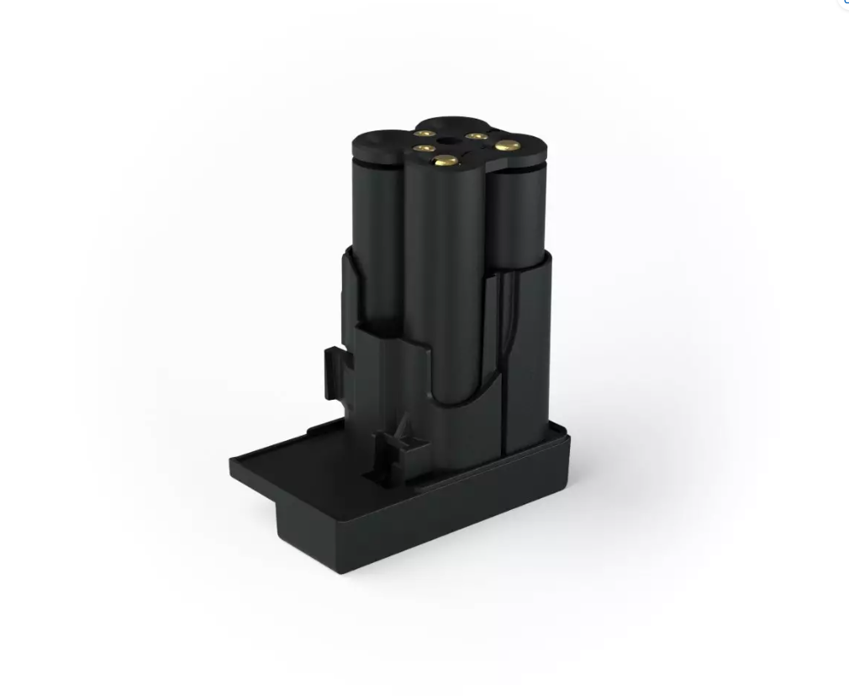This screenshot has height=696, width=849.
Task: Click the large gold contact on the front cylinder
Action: tap(444, 160)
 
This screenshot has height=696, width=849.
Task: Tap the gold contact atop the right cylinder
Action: tap(504, 146)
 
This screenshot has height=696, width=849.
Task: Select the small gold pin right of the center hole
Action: tap(477, 135)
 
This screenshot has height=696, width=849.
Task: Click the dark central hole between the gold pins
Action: tap(450, 140)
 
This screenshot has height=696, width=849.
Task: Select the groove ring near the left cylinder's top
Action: tap(374, 164)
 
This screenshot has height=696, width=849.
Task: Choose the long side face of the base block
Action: tap(462, 513)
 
